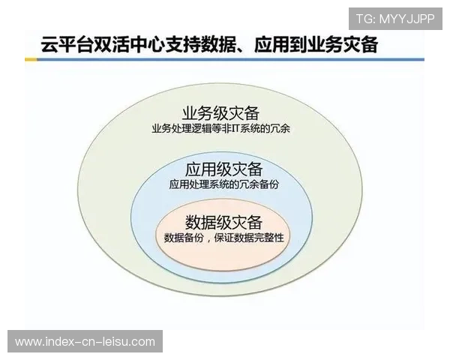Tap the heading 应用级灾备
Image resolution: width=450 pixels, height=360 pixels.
click(x=223, y=169)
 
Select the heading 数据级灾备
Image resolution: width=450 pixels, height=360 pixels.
click(x=223, y=222)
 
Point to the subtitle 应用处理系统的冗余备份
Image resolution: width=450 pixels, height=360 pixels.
click(x=223, y=184)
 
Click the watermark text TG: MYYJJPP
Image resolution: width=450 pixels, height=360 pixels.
click(x=394, y=19)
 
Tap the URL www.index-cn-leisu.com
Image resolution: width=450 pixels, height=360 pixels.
click(x=85, y=342)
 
